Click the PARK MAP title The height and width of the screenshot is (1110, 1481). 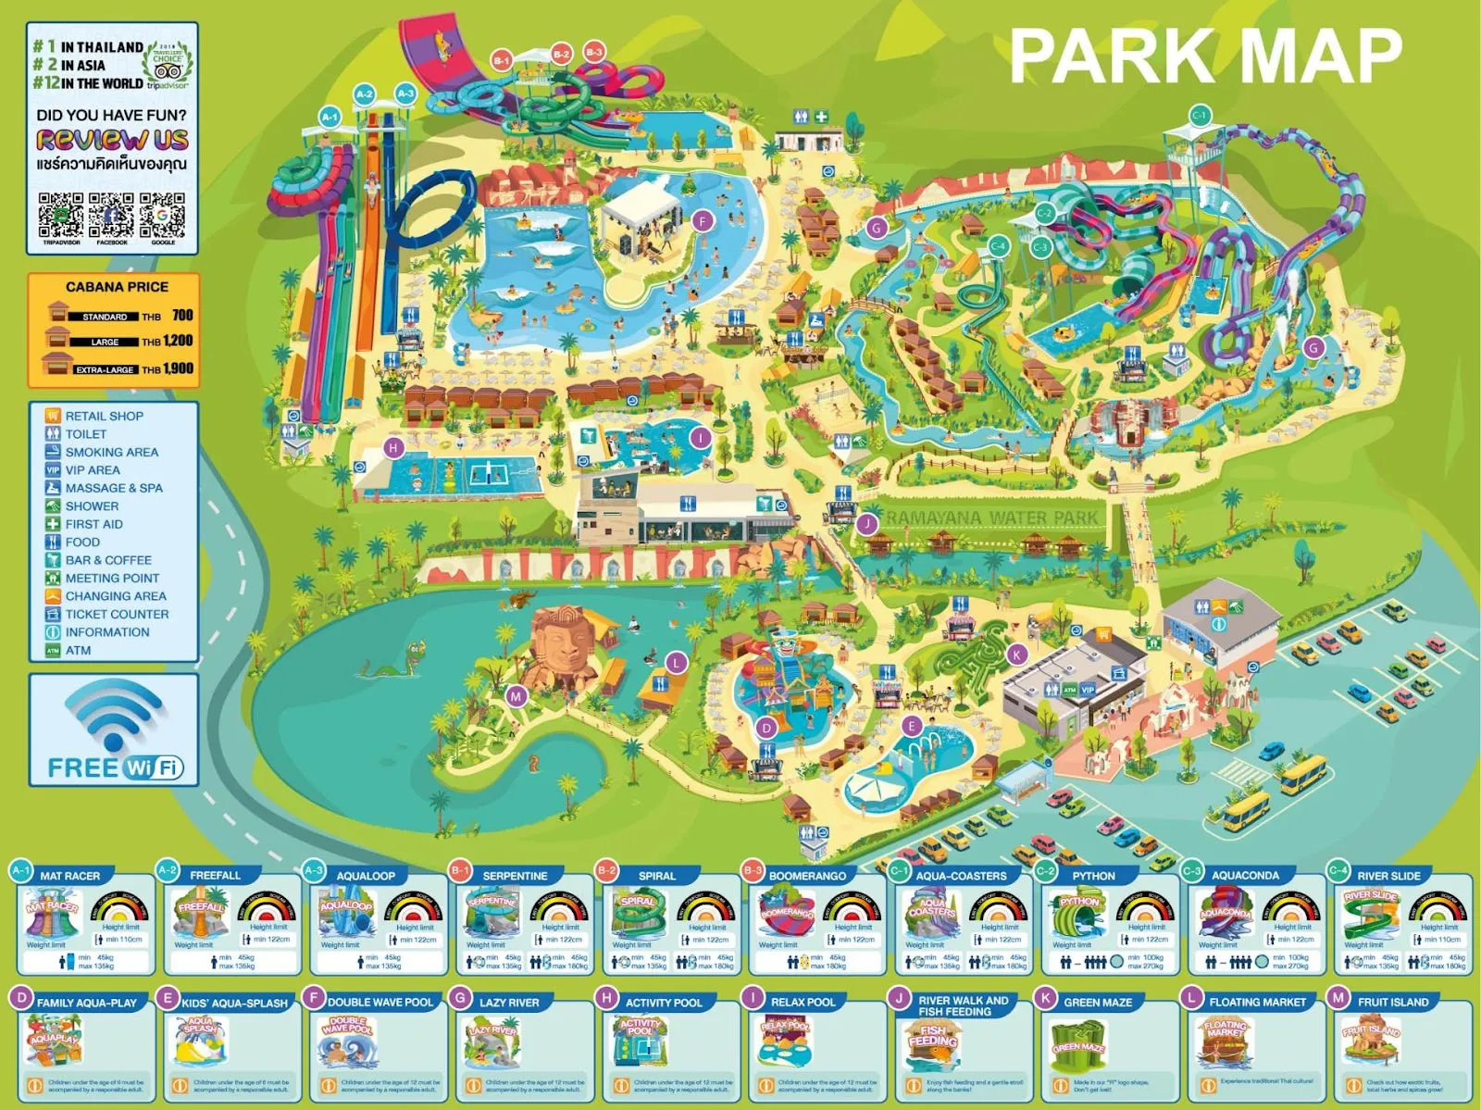[1205, 56]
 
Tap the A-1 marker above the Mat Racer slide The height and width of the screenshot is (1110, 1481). [330, 117]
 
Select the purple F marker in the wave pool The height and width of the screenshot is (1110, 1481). [703, 221]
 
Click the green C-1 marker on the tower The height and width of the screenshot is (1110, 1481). [1199, 116]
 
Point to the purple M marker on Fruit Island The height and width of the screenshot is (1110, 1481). [516, 696]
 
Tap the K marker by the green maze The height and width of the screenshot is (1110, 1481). [1016, 655]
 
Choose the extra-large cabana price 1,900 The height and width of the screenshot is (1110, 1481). [178, 368]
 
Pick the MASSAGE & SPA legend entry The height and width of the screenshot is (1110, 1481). [113, 488]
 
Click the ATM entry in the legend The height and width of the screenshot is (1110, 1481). [78, 650]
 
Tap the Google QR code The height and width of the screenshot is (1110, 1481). [163, 215]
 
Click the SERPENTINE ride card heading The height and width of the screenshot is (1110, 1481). [515, 876]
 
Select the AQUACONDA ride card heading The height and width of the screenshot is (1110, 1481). [1245, 876]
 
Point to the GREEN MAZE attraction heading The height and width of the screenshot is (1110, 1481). [1097, 1003]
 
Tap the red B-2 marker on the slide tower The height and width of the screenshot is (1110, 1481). [561, 54]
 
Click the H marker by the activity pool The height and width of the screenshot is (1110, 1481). [393, 448]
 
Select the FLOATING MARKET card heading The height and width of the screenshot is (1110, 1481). [1257, 1003]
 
